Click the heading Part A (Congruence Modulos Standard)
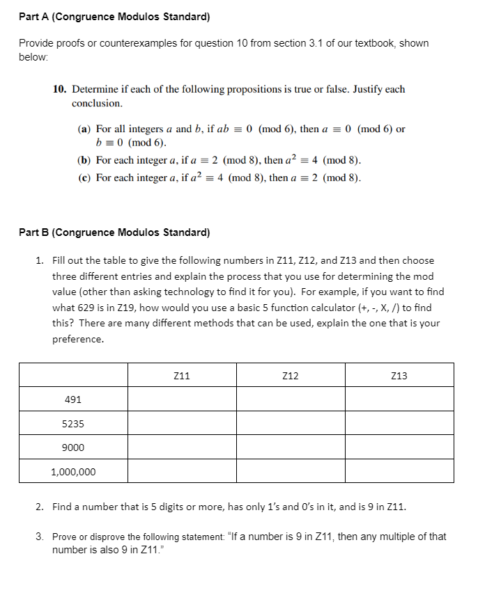(114, 17)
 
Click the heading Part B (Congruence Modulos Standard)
(114, 232)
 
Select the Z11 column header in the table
(181, 376)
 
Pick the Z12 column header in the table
(291, 376)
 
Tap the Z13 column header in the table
(399, 376)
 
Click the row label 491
(73, 399)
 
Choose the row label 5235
(73, 424)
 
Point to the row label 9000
(73, 447)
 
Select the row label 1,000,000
(73, 472)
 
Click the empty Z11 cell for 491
(181, 399)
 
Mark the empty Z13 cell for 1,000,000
(399, 472)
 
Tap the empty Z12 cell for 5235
(291, 424)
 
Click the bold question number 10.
(60, 90)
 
